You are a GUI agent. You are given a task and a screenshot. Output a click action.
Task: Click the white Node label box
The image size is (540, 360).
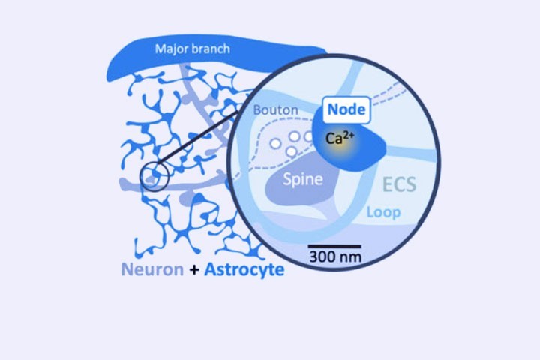tap(346, 109)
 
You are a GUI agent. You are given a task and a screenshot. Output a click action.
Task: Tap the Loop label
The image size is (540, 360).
tap(384, 212)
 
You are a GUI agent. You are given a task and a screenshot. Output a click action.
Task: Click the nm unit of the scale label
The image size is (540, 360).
tap(348, 257)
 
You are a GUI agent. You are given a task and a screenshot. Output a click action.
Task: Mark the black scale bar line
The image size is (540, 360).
tap(334, 245)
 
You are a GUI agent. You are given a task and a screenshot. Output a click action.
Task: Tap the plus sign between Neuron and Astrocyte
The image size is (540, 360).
tap(194, 269)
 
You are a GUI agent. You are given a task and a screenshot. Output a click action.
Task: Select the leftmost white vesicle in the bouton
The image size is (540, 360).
tap(276, 142)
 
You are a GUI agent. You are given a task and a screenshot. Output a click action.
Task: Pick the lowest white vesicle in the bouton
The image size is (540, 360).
tap(291, 151)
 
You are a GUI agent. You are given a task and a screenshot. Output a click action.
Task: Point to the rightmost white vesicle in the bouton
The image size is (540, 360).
tap(307, 136)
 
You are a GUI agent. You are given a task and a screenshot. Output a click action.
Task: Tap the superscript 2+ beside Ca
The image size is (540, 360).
tap(349, 135)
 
